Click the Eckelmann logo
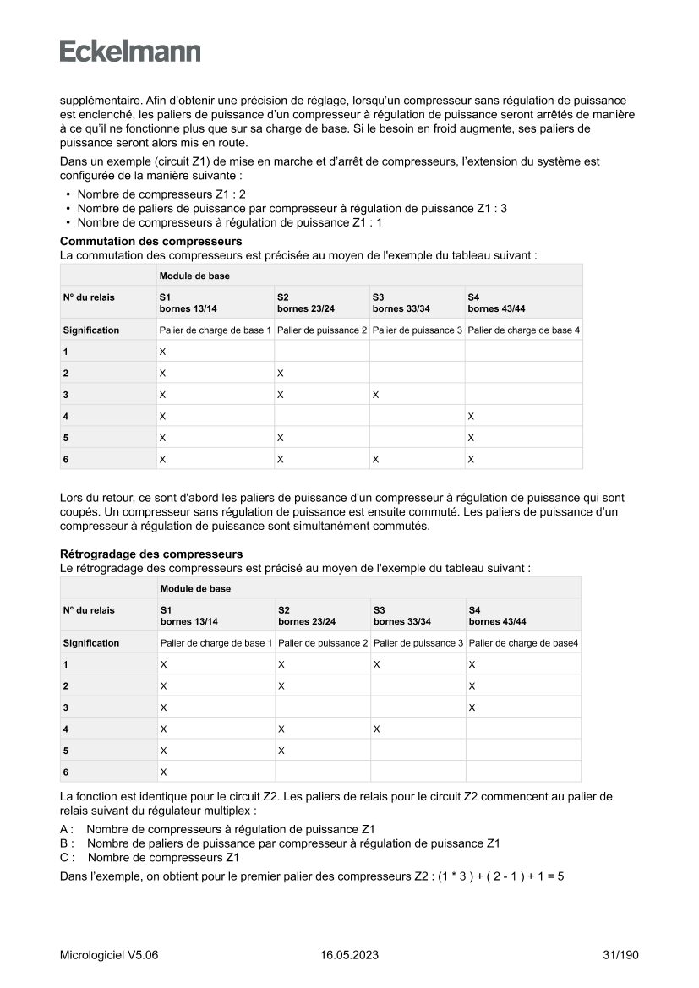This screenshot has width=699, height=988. tap(130, 52)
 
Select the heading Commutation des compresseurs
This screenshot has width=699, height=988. tap(150, 242)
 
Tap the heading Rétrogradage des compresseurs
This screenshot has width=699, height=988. tap(151, 554)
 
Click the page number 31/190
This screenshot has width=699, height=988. tap(620, 955)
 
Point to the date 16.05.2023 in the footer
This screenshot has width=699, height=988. tap(349, 955)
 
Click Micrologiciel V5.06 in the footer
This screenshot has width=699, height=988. tap(109, 955)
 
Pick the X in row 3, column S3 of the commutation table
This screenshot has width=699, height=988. tap(375, 395)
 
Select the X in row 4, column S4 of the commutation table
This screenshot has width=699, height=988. tap(470, 416)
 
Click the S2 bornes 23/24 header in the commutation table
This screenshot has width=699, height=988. tap(305, 303)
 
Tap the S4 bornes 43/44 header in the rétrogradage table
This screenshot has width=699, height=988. tap(497, 615)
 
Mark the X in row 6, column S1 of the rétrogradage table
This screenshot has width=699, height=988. tap(163, 772)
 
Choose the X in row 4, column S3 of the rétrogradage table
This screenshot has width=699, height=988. tap(376, 729)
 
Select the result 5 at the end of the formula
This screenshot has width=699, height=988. tap(560, 876)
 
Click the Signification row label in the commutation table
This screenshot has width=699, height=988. tap(91, 330)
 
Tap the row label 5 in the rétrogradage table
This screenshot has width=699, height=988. tap(66, 750)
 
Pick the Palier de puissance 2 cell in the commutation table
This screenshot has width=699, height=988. tap(322, 330)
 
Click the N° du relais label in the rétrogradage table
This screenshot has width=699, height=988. tap(89, 609)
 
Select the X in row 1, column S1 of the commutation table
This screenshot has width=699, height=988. tap(162, 352)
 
